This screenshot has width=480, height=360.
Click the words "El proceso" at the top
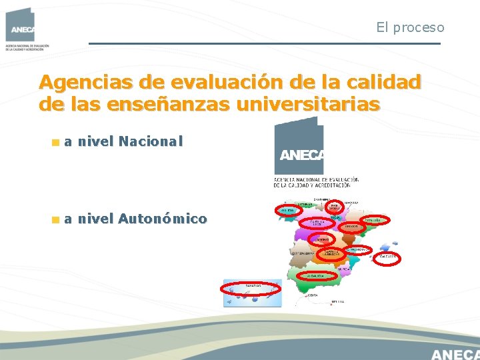[410, 27]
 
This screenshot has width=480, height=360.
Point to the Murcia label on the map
[343, 269]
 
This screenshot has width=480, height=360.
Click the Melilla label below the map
[336, 302]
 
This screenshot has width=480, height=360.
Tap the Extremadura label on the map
[301, 254]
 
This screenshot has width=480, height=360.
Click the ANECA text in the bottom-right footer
[455, 353]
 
